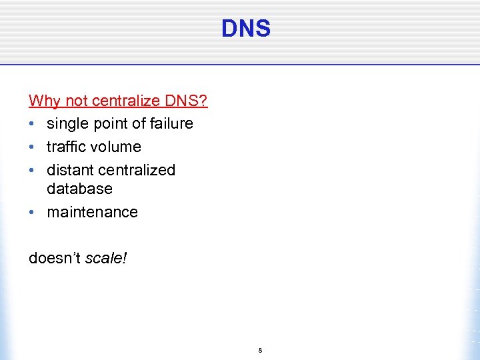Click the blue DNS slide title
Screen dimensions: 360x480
click(x=246, y=29)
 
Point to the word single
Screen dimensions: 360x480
click(x=66, y=124)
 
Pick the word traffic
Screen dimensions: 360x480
click(x=67, y=147)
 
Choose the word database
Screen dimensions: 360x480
click(x=79, y=189)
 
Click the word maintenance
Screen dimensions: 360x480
click(x=92, y=212)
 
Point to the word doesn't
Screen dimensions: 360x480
click(x=55, y=257)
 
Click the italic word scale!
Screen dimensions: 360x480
click(x=106, y=257)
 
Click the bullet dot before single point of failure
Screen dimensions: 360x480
click(x=32, y=124)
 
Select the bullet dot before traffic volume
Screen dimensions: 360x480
click(x=32, y=147)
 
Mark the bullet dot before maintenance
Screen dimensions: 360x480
click(x=32, y=213)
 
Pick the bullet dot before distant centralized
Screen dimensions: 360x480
click(x=32, y=171)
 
